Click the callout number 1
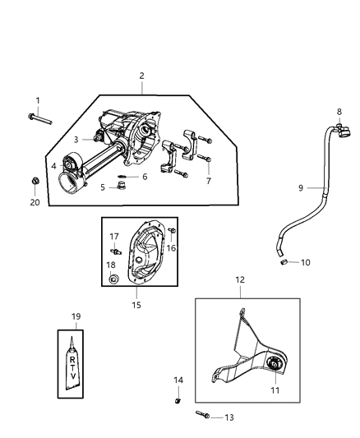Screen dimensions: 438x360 point(37,101)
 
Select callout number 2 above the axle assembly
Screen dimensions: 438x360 point(141,76)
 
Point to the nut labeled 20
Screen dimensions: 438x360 point(34,180)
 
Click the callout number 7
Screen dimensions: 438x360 point(207,180)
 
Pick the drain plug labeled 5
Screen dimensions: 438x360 point(145,177)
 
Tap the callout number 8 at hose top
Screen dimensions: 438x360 point(339,111)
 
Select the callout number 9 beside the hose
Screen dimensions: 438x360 point(301,188)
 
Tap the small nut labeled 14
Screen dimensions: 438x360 point(178,400)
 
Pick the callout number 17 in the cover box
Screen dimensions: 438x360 point(115,237)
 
